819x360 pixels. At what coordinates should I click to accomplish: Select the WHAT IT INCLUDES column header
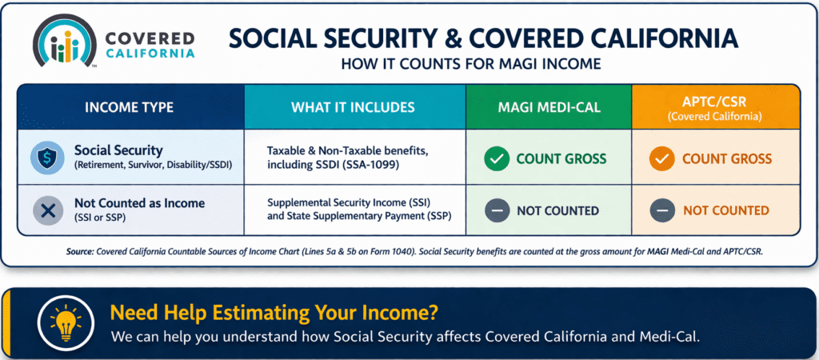click(353, 106)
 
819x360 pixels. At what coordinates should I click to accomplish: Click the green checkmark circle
click(496, 158)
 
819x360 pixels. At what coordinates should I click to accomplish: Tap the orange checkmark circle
click(661, 158)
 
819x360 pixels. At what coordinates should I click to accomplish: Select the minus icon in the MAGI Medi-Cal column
click(496, 210)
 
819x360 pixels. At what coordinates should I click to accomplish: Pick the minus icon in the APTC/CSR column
click(661, 210)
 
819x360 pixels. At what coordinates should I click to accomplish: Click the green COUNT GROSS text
click(561, 158)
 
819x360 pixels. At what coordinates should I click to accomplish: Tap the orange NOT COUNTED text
click(725, 210)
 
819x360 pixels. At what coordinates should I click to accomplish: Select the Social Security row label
click(118, 150)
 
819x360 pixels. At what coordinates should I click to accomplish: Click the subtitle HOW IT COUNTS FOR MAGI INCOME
click(483, 65)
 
